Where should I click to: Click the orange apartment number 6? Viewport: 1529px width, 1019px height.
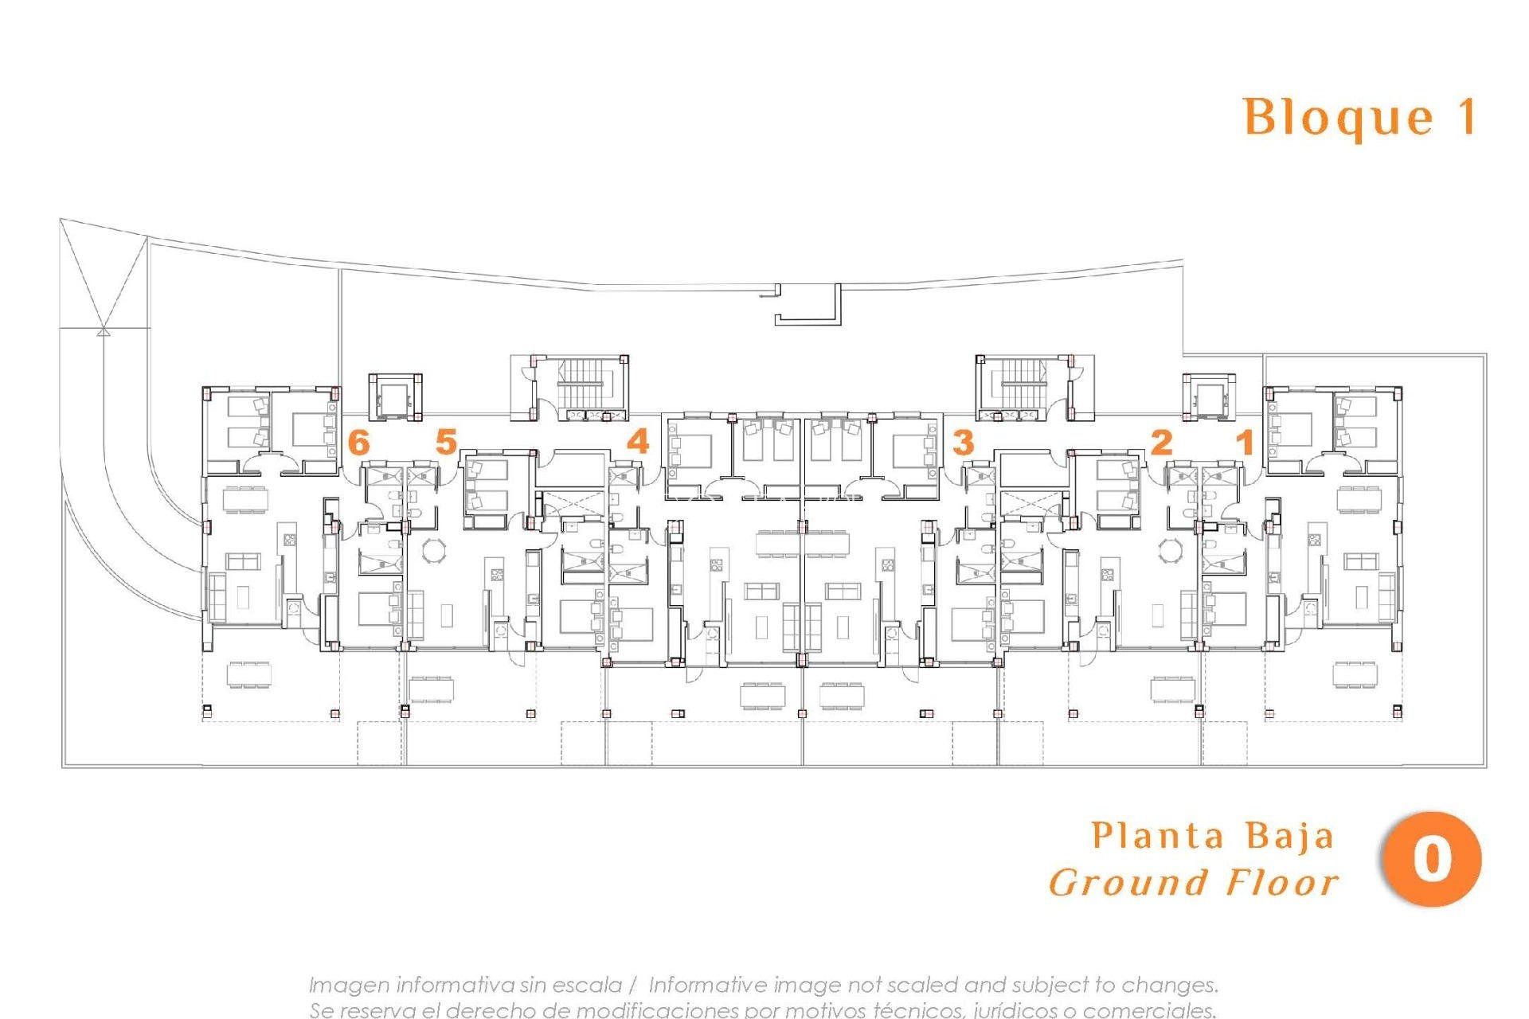360,442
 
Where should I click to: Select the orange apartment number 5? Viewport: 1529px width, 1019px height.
446,442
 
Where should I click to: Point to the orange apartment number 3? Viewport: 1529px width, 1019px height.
963,442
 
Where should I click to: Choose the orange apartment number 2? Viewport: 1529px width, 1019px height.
1161,442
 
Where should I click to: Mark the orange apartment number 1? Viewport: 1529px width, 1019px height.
1245,442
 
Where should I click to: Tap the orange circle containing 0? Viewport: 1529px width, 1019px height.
1432,859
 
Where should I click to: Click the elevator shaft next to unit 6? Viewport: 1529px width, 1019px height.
393,396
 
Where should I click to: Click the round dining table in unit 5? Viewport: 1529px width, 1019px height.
435,550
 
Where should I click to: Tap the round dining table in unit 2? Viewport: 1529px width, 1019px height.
1171,550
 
